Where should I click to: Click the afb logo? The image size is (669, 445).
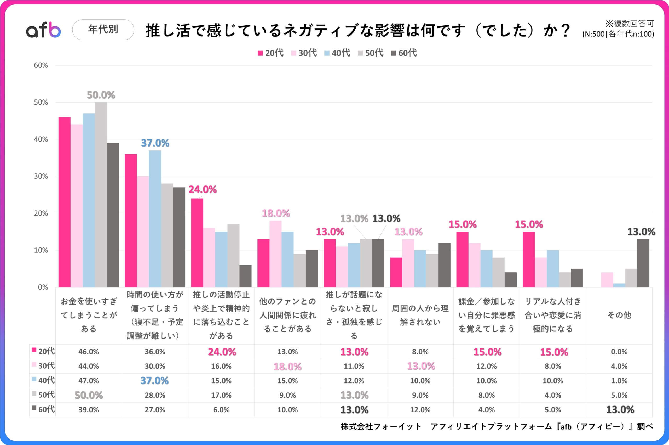click(43, 30)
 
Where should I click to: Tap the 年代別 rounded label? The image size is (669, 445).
click(103, 30)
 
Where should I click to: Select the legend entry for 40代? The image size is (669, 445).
click(337, 53)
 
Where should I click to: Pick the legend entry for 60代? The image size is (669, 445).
click(404, 53)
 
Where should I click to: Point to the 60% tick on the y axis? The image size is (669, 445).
click(41, 65)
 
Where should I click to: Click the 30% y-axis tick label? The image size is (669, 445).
click(41, 176)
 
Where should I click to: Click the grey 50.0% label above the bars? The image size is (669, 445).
click(101, 95)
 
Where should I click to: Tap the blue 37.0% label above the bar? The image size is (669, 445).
click(155, 143)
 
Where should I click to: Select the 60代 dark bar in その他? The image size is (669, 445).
click(643, 263)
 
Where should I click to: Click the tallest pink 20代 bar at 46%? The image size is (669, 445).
click(64, 202)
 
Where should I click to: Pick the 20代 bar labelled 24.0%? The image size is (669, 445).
click(197, 243)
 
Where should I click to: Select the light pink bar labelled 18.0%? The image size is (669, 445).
click(275, 254)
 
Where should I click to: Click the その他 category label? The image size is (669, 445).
click(619, 315)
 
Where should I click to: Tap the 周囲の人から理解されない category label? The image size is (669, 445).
click(420, 315)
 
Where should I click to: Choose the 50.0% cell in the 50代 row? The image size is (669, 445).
click(89, 395)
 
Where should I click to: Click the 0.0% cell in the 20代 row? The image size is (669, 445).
click(619, 352)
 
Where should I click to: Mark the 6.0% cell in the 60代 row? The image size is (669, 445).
click(221, 410)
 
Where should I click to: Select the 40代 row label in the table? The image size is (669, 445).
click(43, 380)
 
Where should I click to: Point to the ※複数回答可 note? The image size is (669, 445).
click(630, 24)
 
